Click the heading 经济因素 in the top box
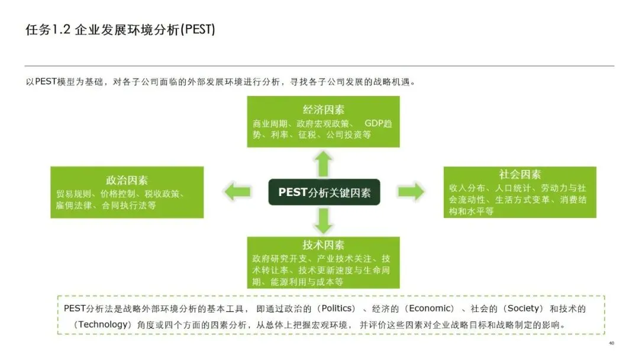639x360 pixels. [x=323, y=110]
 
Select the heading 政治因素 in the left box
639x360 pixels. [x=127, y=180]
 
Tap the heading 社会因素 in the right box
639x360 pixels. [x=520, y=174]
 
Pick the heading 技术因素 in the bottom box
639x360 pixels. [x=323, y=245]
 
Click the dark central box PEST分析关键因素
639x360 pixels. [x=324, y=192]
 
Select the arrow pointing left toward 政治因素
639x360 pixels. [x=237, y=191]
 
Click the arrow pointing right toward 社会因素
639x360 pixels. [x=411, y=191]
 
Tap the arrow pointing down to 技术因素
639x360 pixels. [x=323, y=221]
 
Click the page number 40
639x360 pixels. [x=611, y=343]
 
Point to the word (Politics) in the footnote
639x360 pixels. [x=337, y=308]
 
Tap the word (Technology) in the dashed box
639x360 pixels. [x=104, y=324]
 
